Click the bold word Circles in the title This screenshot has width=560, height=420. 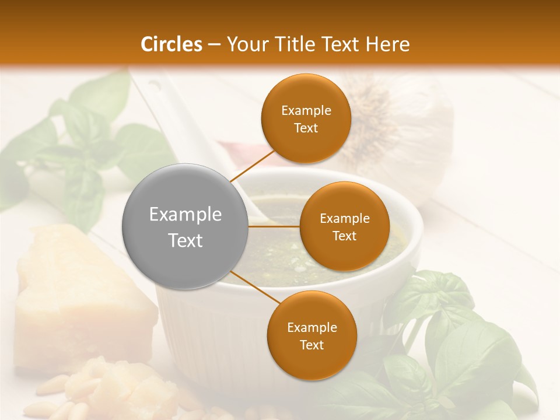171,44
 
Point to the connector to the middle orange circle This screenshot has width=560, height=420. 274,226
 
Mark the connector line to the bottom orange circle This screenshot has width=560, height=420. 252,287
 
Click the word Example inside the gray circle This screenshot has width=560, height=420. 185,215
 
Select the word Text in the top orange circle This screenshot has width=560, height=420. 306,128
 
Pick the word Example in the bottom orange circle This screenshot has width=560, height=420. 311,328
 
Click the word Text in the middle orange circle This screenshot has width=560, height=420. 345,236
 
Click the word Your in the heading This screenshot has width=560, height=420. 245,44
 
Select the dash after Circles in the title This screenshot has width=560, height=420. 214,44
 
